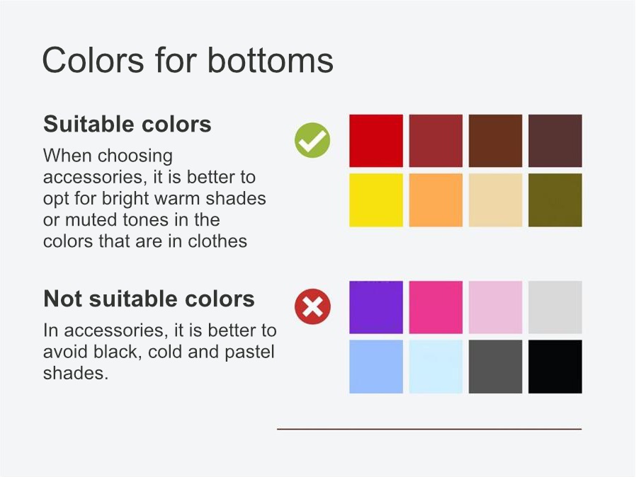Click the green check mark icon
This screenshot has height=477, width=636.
(312, 140)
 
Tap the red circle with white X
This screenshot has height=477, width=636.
(312, 306)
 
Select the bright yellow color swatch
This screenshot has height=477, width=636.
(376, 200)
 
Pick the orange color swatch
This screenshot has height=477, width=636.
(436, 200)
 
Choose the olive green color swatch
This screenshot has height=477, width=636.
(555, 200)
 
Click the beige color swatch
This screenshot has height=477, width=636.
(495, 200)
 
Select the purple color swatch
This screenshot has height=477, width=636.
(376, 307)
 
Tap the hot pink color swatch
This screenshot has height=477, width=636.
(436, 307)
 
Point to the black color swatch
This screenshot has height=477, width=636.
(555, 367)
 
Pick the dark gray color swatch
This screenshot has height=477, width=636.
(495, 367)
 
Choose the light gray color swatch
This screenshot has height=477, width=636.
(555, 307)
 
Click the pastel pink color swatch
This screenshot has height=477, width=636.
(495, 307)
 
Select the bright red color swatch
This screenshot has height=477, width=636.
(376, 141)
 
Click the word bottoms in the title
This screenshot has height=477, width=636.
(270, 60)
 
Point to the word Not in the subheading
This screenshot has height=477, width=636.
(63, 299)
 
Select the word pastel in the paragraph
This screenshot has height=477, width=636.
(249, 352)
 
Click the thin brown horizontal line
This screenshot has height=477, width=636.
(429, 429)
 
